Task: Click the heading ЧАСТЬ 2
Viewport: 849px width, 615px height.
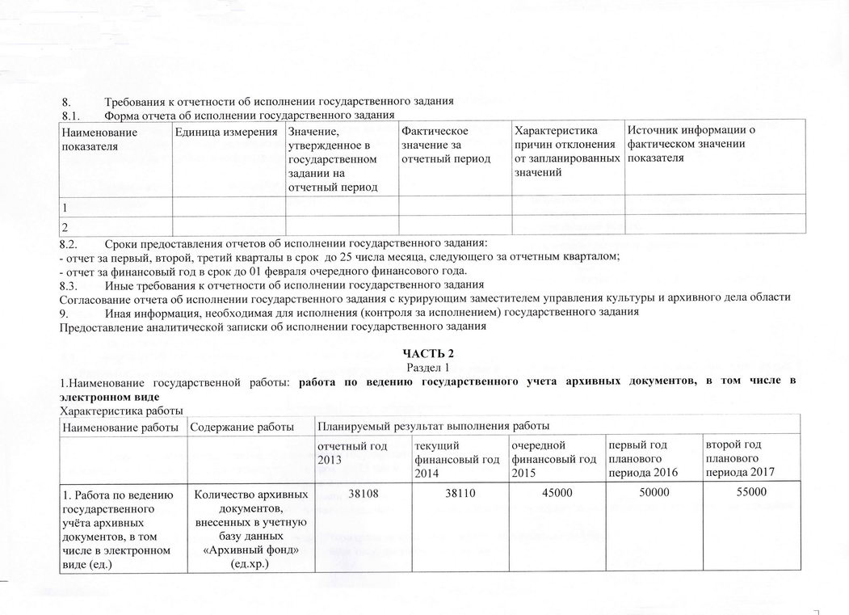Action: (424, 354)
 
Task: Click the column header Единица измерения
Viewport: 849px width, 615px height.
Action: (228, 132)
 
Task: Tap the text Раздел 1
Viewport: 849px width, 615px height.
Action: (424, 367)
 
